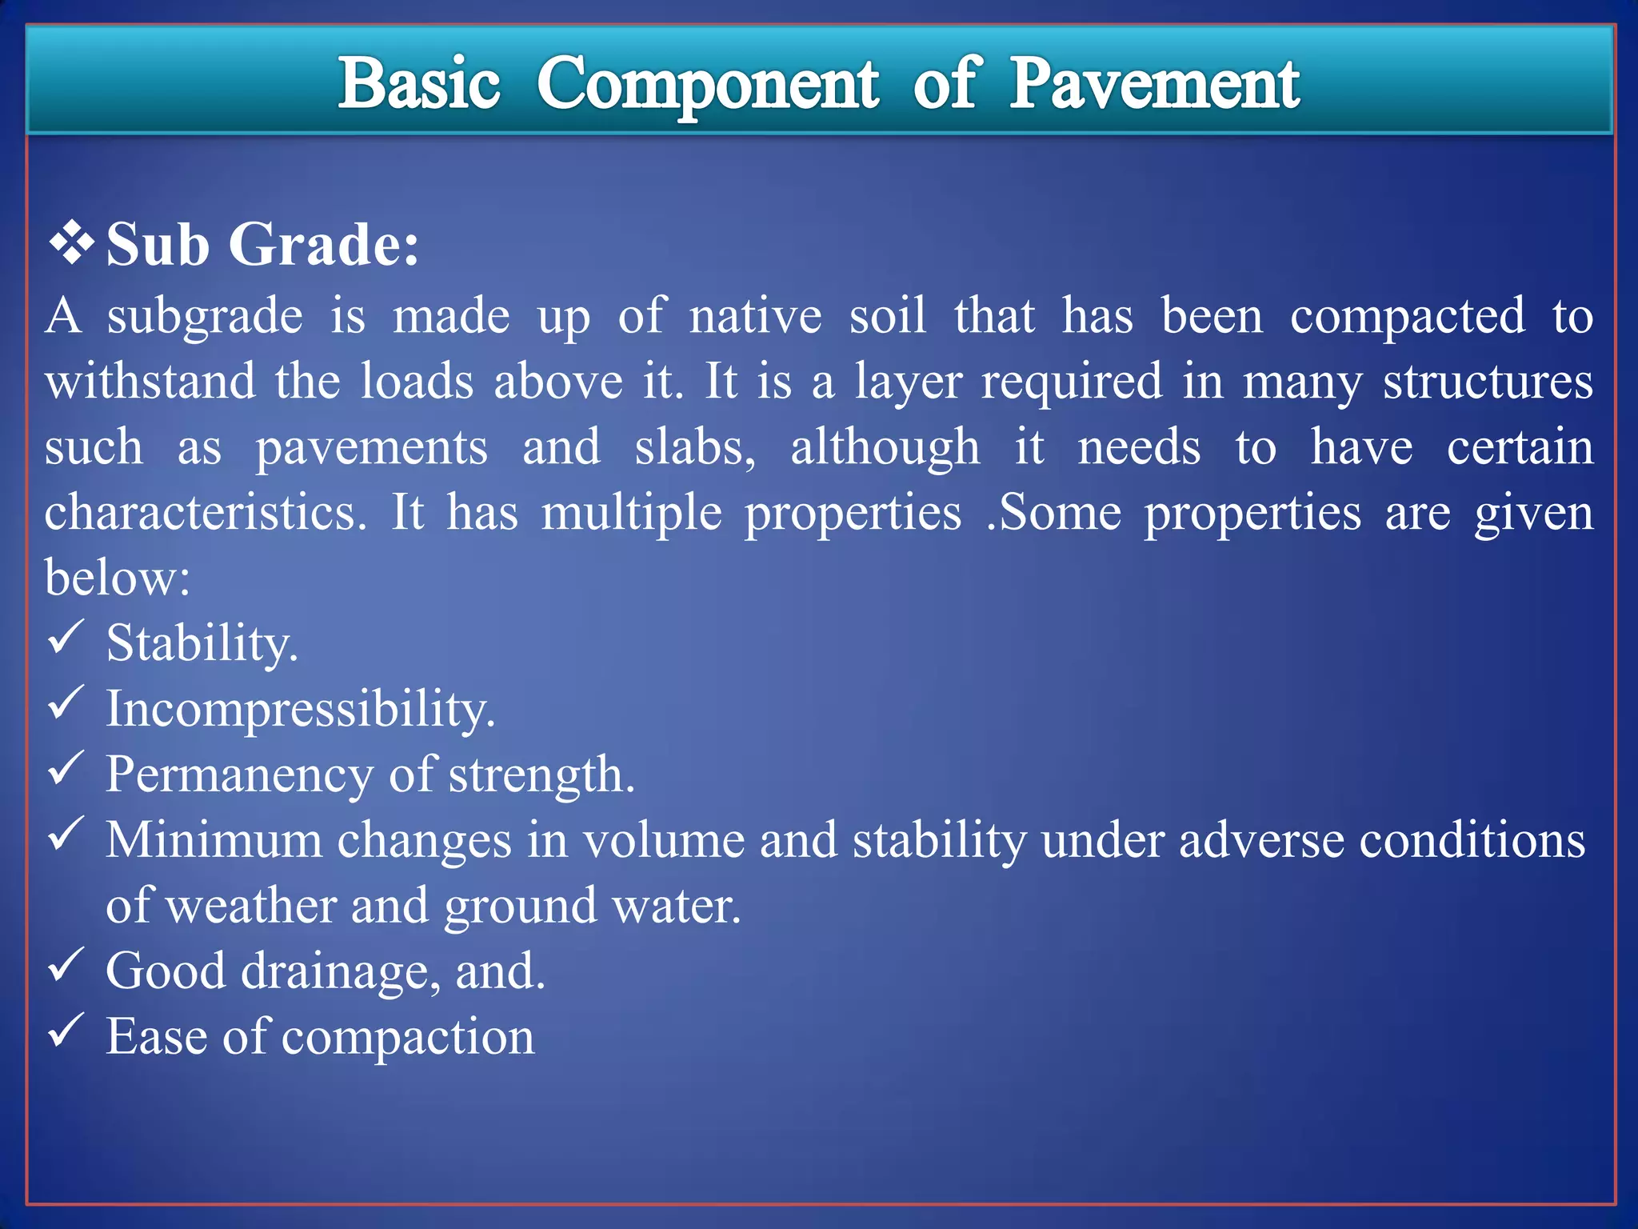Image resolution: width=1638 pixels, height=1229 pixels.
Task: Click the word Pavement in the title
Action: (1154, 85)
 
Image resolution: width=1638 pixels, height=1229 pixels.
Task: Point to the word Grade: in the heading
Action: (324, 244)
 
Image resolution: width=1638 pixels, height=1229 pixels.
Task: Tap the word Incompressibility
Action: (301, 709)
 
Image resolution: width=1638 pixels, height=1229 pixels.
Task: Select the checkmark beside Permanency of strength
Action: (66, 769)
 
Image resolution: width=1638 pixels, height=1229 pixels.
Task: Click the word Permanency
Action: (239, 775)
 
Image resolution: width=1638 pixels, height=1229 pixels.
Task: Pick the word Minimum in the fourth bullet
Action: (214, 840)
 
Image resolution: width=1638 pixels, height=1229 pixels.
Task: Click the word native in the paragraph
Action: (755, 316)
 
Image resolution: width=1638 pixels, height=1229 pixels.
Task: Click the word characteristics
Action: (206, 512)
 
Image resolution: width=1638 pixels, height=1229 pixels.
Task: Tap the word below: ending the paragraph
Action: (118, 577)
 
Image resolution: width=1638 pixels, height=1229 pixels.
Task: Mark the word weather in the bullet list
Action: (252, 906)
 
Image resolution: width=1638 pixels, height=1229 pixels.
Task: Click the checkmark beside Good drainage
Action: (66, 965)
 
